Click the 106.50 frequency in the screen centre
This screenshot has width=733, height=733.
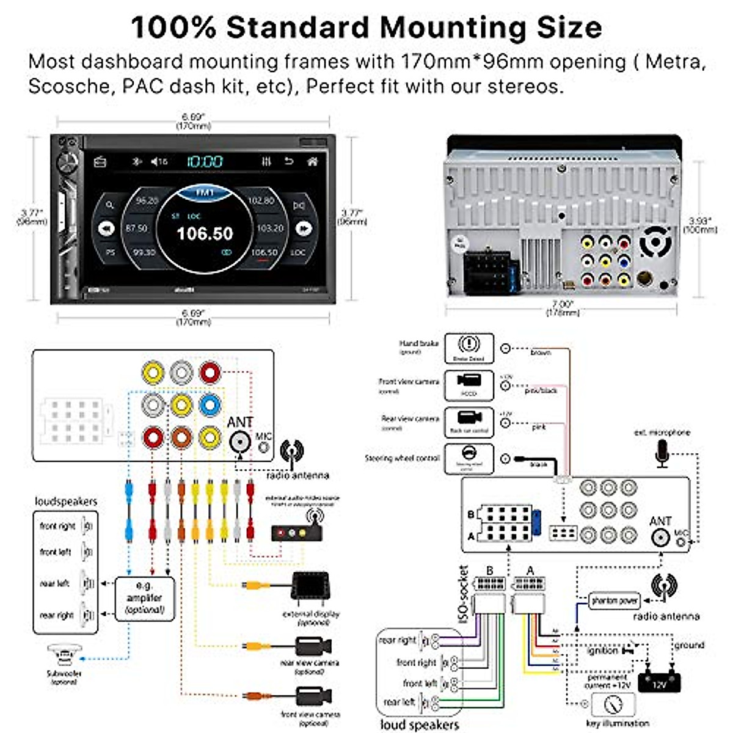(205, 233)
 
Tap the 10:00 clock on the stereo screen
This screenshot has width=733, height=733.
(205, 161)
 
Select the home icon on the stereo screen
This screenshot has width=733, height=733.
(312, 161)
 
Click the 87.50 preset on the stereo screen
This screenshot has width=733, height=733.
(136, 228)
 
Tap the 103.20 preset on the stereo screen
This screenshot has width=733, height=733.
(270, 228)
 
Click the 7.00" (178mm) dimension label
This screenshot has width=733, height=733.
(562, 308)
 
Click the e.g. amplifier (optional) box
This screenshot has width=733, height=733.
(144, 598)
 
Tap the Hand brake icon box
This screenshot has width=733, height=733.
(469, 349)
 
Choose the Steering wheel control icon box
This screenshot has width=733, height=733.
(469, 459)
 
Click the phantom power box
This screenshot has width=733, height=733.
(613, 600)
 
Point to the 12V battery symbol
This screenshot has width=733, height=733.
(658, 680)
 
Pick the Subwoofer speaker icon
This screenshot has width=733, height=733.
(64, 657)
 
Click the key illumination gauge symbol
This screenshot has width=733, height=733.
(613, 705)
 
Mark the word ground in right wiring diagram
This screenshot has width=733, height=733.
(689, 645)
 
